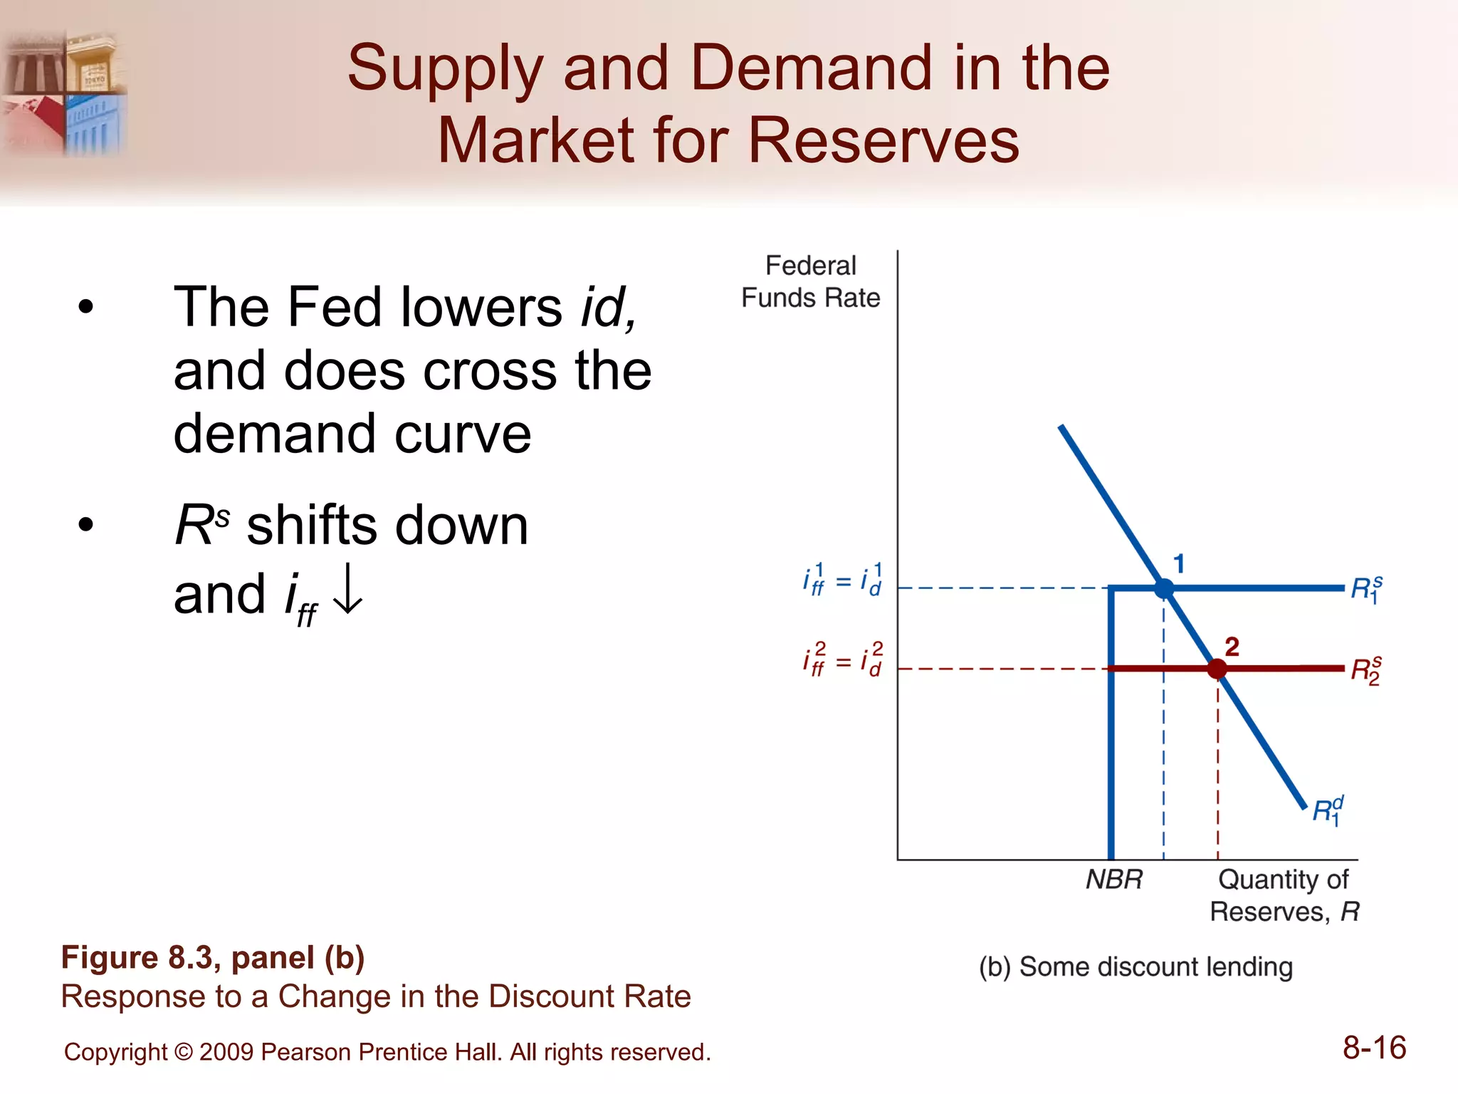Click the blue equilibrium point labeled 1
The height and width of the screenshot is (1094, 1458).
point(1163,588)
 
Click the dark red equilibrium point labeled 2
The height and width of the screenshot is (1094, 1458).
point(1217,669)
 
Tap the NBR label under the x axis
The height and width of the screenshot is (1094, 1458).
point(1114,880)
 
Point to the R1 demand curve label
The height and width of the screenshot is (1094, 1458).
point(1328,811)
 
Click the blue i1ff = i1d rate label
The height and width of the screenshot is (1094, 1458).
point(843,580)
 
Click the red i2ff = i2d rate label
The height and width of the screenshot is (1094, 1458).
point(843,660)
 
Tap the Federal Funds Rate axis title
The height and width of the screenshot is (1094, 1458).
point(810,282)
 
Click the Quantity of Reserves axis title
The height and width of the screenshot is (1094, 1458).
point(1284,895)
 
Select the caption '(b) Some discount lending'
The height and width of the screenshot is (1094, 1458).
point(1136,967)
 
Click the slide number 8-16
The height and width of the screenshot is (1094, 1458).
point(1374,1048)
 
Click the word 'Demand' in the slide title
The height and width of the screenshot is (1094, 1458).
point(811,68)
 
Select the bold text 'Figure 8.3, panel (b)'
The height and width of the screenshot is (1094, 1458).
point(213,957)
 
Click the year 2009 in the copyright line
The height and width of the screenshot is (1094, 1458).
point(226,1052)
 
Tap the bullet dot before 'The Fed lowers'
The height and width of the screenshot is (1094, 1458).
point(86,308)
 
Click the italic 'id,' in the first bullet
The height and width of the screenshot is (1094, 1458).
point(609,308)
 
